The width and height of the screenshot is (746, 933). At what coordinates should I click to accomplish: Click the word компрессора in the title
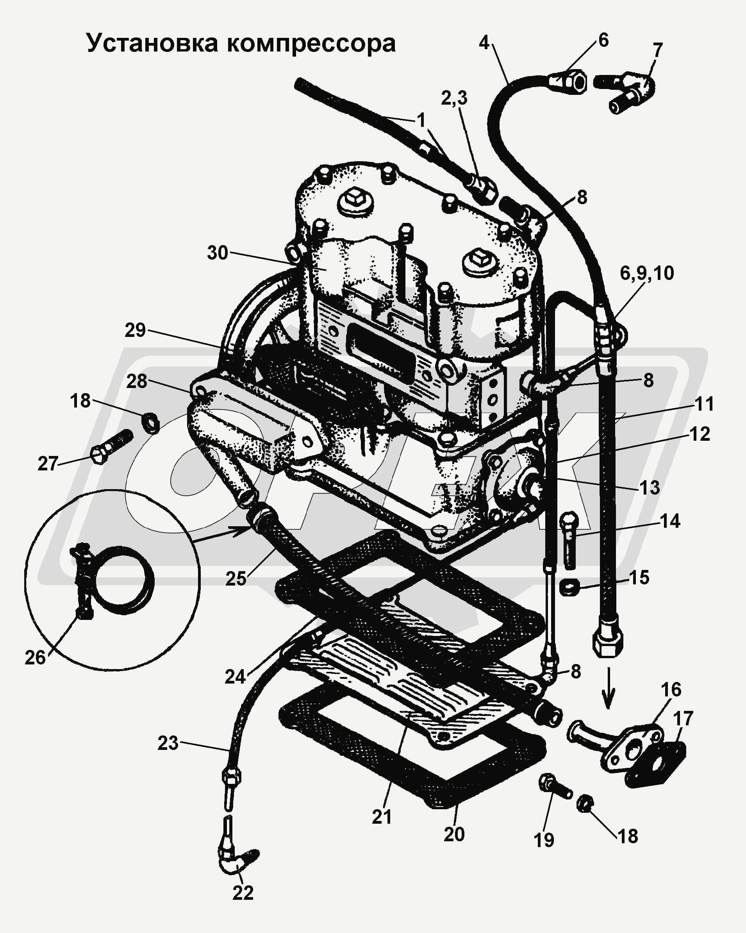pyautogui.click(x=311, y=44)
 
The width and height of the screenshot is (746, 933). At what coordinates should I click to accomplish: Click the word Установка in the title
pyautogui.click(x=152, y=43)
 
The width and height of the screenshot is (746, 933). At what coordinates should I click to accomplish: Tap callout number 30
pyautogui.click(x=217, y=253)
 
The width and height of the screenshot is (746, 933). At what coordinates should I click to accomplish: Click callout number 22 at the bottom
pyautogui.click(x=243, y=892)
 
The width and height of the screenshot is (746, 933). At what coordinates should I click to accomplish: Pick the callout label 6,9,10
pyautogui.click(x=647, y=274)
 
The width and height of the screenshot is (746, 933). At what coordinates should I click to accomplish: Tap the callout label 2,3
pyautogui.click(x=454, y=98)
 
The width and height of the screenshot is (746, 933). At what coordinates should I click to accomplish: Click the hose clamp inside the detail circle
pyautogui.click(x=111, y=580)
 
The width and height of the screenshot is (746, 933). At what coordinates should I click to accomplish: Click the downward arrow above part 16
pyautogui.click(x=608, y=688)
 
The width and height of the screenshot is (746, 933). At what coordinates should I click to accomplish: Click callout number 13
pyautogui.click(x=650, y=488)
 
